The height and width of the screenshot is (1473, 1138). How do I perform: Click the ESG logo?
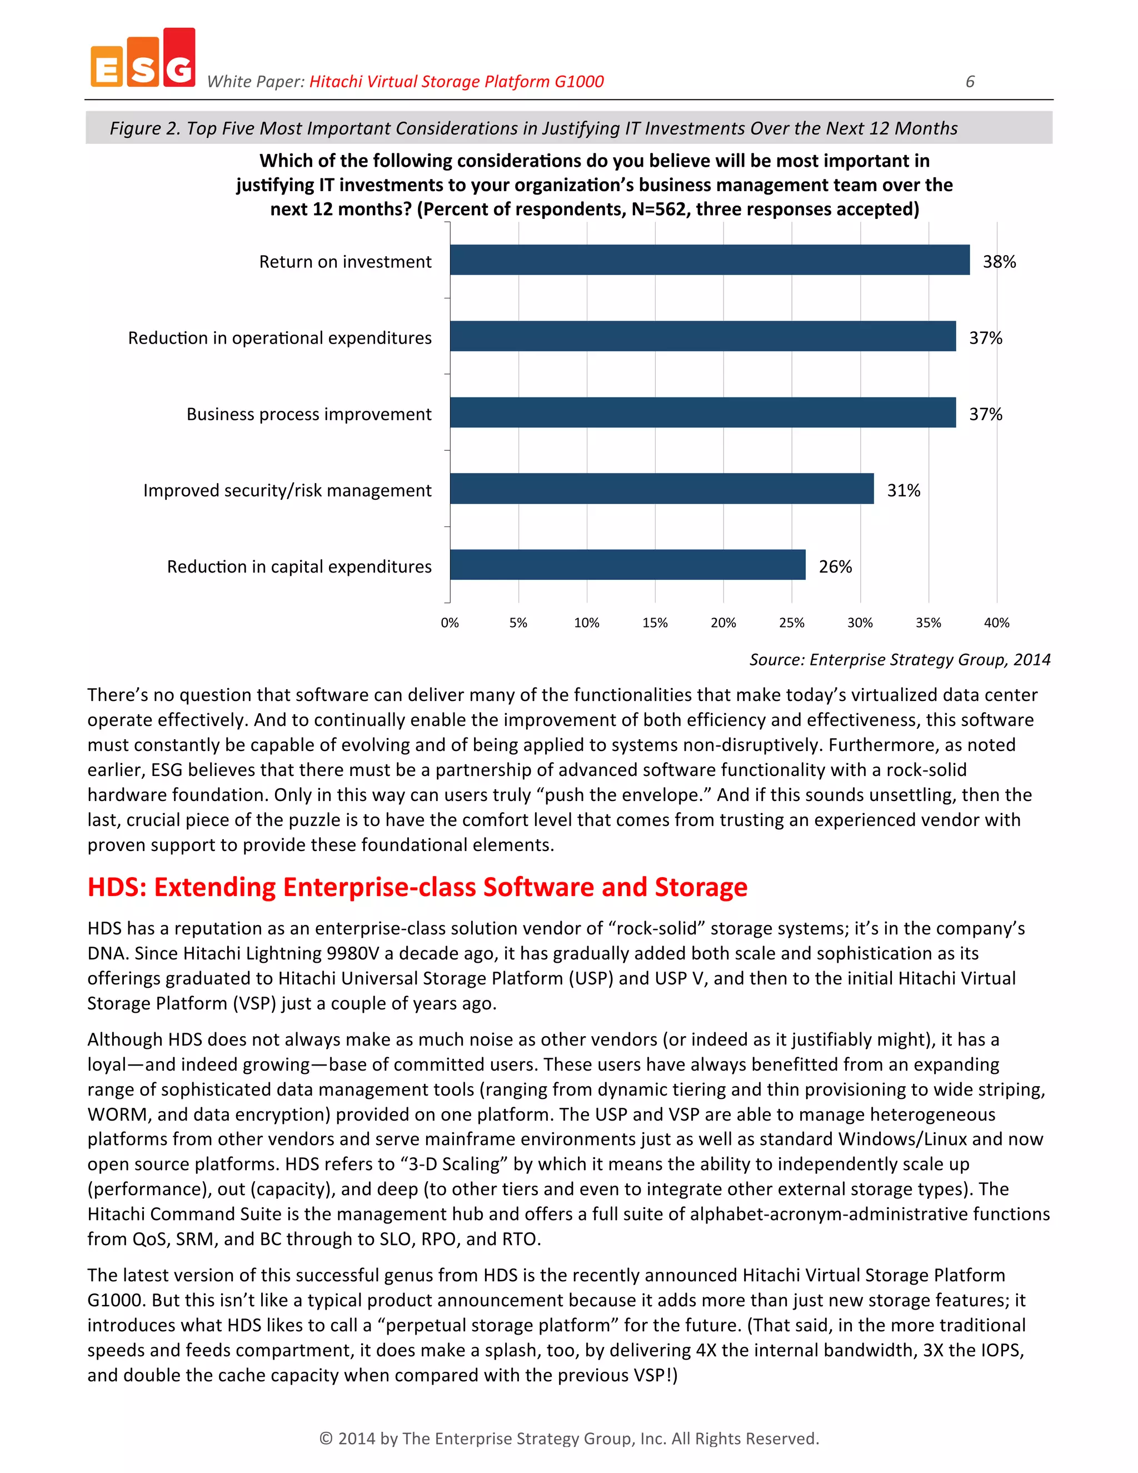[143, 59]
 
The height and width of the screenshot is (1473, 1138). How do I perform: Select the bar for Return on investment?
[709, 260]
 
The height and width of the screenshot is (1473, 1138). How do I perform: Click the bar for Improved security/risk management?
[661, 488]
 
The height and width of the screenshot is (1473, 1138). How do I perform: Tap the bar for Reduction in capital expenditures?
[627, 565]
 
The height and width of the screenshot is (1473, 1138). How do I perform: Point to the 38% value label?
[999, 262]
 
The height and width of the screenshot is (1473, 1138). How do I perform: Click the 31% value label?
[903, 490]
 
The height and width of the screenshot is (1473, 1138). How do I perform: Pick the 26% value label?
[835, 566]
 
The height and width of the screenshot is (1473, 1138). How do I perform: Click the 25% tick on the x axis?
[791, 623]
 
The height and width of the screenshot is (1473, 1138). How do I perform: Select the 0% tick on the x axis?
[450, 623]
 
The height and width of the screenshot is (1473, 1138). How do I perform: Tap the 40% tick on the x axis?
[996, 623]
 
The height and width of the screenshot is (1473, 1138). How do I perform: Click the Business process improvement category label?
[309, 414]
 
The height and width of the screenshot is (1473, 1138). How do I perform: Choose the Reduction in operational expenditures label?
[280, 338]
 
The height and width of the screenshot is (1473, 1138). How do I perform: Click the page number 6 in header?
[970, 82]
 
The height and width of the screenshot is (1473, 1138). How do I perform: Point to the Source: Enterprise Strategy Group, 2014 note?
[900, 660]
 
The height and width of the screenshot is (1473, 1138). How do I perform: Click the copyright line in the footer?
[568, 1439]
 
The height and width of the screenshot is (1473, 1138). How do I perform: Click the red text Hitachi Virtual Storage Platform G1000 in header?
[456, 82]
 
